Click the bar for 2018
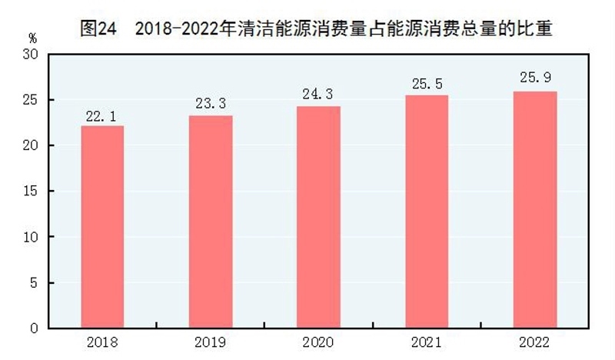102,227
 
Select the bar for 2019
211,222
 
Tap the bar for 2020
319,217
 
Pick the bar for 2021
427,212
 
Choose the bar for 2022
535,210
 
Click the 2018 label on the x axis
102,342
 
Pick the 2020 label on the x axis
319,342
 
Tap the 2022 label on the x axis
535,342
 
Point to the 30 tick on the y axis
31,55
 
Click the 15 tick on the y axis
31,192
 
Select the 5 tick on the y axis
35,283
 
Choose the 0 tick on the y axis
35,328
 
